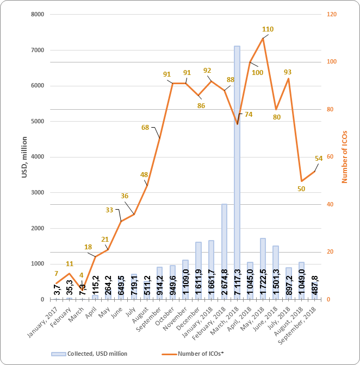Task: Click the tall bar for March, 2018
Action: click(x=237, y=163)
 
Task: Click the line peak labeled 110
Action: click(x=263, y=38)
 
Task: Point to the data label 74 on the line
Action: click(x=249, y=115)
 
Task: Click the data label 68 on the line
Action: click(x=145, y=128)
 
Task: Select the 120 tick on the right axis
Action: click(x=331, y=15)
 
